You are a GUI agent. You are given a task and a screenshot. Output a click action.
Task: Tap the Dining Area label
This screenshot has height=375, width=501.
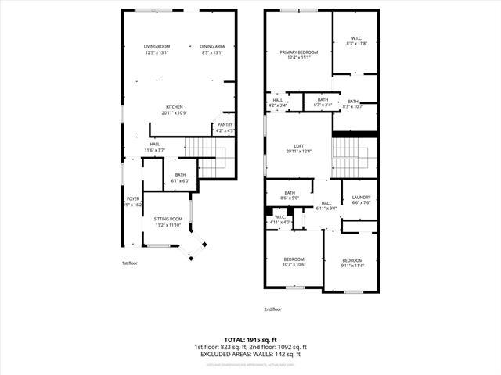tap(211, 50)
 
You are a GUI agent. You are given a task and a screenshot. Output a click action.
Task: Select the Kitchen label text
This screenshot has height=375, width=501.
tap(174, 110)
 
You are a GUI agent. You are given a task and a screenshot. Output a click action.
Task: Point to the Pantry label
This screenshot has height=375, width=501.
tap(225, 127)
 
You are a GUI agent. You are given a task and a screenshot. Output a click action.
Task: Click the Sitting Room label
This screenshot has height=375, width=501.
tap(168, 222)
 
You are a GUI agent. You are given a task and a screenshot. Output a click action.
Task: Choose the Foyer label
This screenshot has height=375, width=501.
tap(132, 202)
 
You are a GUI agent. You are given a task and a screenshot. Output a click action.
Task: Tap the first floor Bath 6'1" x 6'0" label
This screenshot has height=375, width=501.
tap(180, 178)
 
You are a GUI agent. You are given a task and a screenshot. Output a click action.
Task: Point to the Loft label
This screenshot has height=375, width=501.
tap(298, 148)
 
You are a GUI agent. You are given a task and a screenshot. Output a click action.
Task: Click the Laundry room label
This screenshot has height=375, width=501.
tap(361, 201)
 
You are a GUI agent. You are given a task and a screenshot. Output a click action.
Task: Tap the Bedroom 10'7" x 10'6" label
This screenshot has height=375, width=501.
tap(294, 262)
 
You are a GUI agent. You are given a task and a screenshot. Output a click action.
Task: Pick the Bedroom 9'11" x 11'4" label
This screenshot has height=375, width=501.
tap(351, 263)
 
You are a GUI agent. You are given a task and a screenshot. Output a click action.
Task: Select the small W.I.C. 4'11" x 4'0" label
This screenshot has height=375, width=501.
tap(279, 220)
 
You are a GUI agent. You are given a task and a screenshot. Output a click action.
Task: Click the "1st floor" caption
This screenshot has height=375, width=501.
tap(130, 263)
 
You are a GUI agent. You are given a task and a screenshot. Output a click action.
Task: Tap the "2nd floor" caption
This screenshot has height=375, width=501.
tap(272, 309)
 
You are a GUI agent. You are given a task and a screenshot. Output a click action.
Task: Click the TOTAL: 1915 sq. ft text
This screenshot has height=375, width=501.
tap(250, 340)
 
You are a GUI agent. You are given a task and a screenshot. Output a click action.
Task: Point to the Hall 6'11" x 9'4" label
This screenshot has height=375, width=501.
tap(326, 205)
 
